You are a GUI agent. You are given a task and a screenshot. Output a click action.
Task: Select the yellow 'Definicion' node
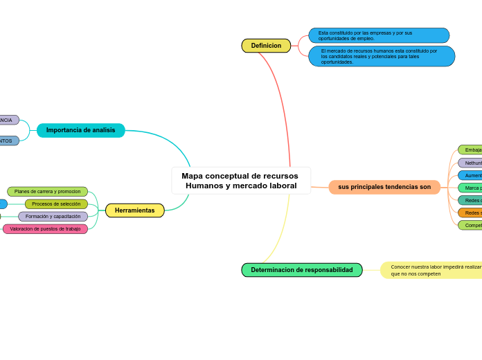point(266,46)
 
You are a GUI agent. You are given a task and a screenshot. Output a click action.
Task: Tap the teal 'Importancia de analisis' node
point(80,130)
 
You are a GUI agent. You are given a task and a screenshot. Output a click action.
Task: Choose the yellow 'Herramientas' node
point(134,210)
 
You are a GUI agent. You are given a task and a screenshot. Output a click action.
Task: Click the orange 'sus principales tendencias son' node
point(384,187)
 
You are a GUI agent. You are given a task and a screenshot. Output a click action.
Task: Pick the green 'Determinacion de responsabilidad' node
point(301,270)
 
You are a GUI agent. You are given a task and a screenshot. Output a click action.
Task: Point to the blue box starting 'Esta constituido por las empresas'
point(378,35)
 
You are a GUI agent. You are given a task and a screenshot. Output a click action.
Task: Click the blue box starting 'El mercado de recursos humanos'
point(381,56)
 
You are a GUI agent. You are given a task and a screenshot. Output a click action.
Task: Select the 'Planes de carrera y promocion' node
point(47,192)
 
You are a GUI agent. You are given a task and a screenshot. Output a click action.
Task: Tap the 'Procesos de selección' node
point(56,204)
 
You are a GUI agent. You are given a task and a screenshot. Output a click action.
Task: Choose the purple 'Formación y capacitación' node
point(53,217)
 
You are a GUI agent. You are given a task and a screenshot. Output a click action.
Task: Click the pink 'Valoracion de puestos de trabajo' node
point(45,229)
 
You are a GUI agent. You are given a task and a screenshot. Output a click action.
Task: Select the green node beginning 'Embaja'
point(470,150)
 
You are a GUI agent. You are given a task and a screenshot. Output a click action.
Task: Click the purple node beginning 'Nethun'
point(470,163)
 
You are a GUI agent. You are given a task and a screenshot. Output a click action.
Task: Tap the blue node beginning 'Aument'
point(470,175)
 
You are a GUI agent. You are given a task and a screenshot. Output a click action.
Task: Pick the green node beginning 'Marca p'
point(470,188)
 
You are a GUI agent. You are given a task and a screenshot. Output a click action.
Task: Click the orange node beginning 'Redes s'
point(470,213)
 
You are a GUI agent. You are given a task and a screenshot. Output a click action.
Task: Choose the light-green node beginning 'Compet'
point(470,225)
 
